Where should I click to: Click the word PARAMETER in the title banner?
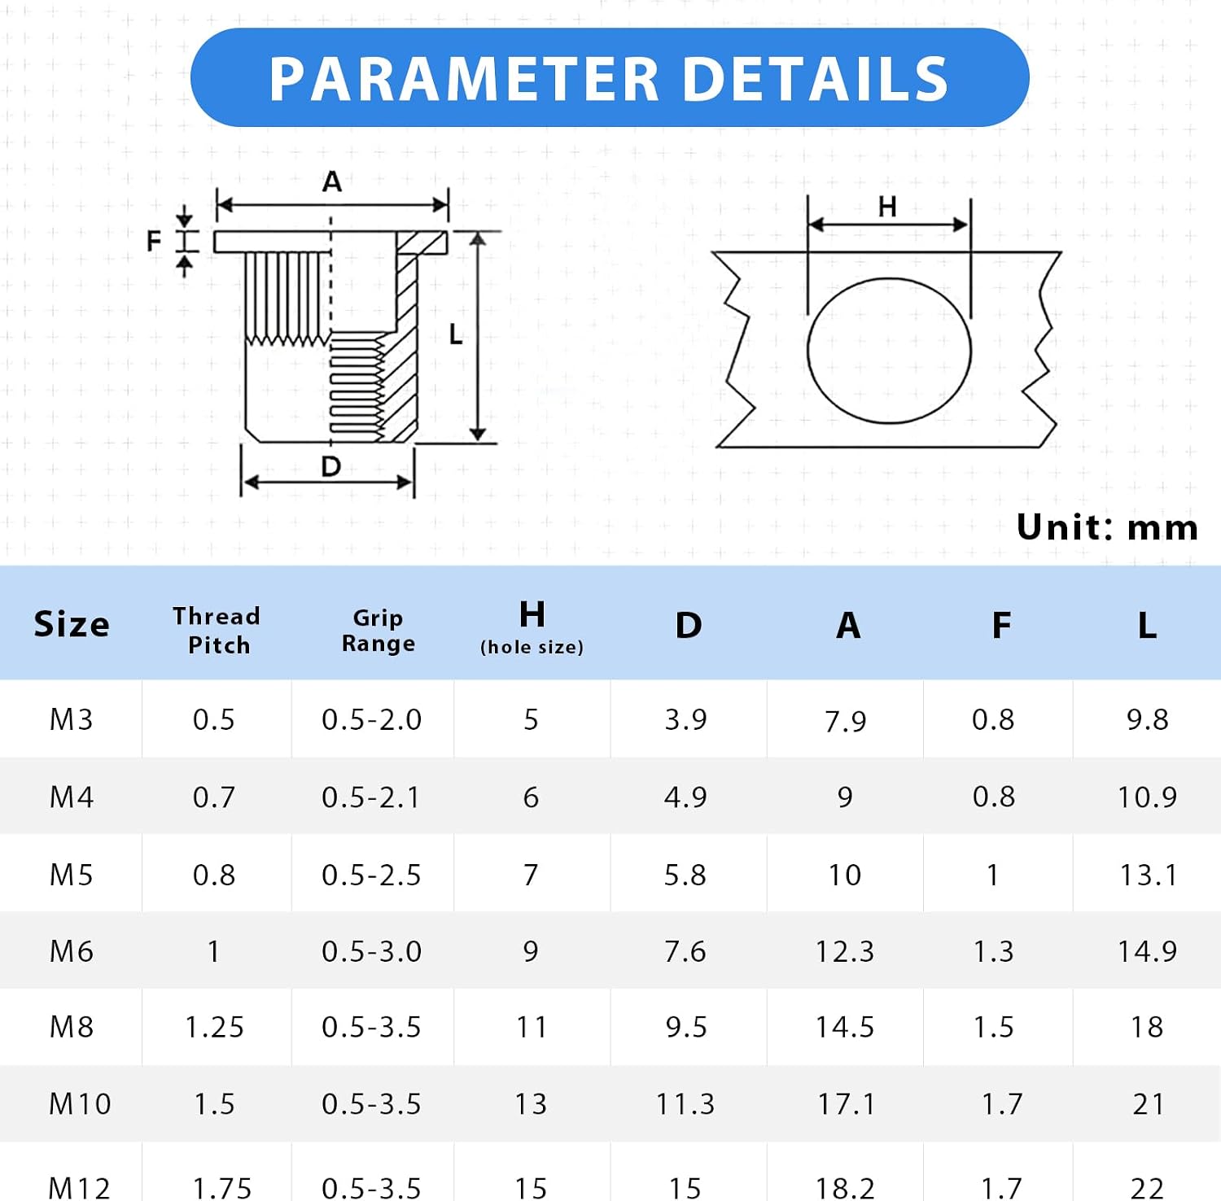(x=464, y=79)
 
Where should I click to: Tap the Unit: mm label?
(x=1107, y=527)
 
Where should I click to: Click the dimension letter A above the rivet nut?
(x=332, y=181)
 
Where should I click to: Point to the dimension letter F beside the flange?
(x=154, y=241)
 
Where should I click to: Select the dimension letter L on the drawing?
(x=456, y=334)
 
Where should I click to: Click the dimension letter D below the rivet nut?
(x=330, y=466)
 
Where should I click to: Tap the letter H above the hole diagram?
(x=887, y=207)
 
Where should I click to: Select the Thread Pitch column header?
(x=217, y=630)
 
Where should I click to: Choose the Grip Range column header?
(x=378, y=631)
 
